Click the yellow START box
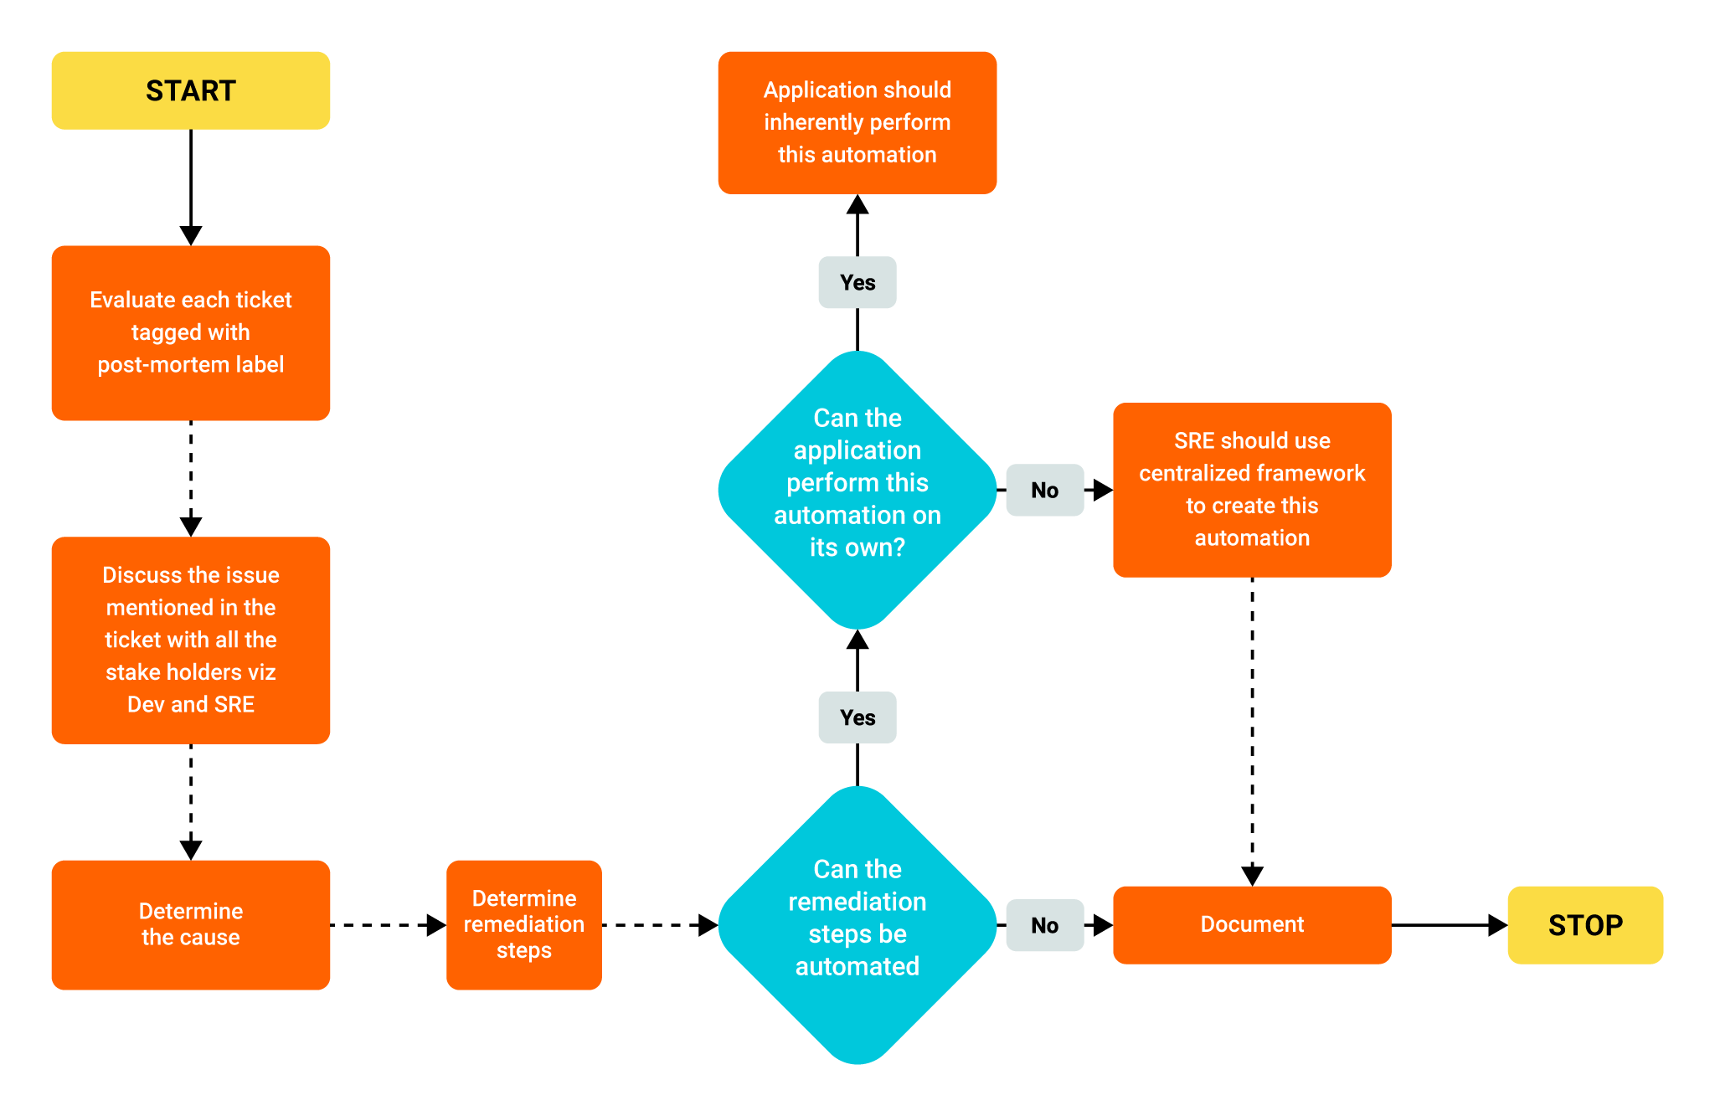191,90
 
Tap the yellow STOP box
1585,925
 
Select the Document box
1252,924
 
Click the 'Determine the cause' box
191,924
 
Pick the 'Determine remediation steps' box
524,924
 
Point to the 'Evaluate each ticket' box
191,332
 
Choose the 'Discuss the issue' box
191,640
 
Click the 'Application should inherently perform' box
857,122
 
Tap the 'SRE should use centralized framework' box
1252,490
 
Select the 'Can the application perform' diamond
857,490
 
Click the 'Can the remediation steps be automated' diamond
857,924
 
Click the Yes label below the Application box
857,283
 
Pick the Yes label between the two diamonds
857,717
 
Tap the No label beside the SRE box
1044,491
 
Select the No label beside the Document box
1044,925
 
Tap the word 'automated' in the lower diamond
857,967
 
